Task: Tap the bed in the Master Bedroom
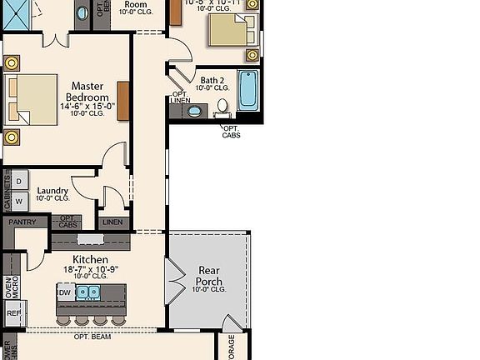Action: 32,98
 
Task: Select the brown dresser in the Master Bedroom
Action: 122,100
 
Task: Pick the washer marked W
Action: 18,201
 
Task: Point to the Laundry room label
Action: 52,191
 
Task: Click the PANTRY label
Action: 22,222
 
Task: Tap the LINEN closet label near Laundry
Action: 112,222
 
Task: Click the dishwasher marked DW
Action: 65,292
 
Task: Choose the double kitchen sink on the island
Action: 88,292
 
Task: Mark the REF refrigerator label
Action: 12,313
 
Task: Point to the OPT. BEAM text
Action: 92,337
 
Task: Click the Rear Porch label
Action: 208,276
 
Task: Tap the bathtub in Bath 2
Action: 248,90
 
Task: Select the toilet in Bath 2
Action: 222,107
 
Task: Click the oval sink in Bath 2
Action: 194,111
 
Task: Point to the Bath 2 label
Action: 212,80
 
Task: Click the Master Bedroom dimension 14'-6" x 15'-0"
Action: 87,106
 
